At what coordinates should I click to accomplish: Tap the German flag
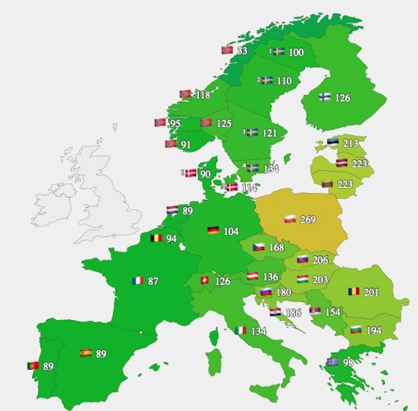(x=213, y=231)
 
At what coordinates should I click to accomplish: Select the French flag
(x=138, y=280)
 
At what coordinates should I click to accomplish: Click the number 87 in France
(x=153, y=281)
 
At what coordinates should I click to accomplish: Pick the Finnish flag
(x=324, y=97)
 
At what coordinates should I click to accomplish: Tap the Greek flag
(x=332, y=362)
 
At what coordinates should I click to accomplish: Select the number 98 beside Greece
(x=348, y=362)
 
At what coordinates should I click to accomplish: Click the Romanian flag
(x=353, y=291)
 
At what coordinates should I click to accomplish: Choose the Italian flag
(x=241, y=330)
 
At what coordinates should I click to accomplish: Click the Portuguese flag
(x=33, y=366)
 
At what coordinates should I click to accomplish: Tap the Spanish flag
(x=86, y=353)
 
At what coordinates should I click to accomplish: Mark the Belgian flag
(x=156, y=238)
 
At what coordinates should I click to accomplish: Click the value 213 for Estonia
(x=350, y=143)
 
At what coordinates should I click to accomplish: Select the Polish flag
(x=289, y=218)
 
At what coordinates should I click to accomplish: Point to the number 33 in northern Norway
(x=242, y=51)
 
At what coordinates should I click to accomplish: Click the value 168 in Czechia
(x=276, y=248)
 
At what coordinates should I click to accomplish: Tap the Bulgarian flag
(x=355, y=329)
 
